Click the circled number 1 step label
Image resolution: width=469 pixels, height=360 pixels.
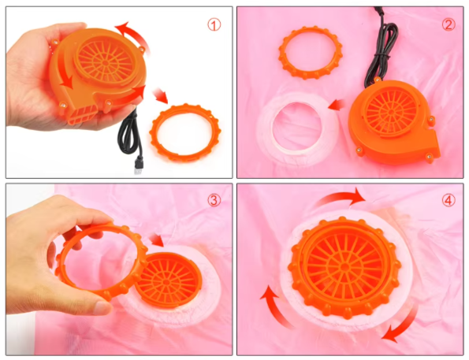214,25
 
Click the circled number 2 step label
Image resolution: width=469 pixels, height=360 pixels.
449,24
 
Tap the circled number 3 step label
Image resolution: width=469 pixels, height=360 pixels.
214,200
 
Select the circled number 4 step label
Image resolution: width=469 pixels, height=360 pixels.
449,200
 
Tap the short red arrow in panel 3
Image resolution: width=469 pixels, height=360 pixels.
156,239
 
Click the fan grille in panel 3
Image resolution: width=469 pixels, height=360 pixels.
168,280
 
